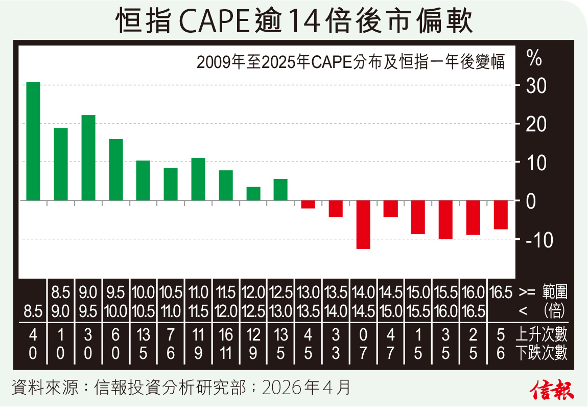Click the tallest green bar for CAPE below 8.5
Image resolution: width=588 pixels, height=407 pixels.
point(33,141)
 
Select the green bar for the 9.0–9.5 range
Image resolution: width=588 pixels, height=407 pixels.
point(88,157)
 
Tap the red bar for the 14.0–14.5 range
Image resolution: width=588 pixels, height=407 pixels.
point(363,224)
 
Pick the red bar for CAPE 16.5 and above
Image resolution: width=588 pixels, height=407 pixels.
point(501,215)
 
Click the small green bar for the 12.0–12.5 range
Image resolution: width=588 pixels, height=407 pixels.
point(253,194)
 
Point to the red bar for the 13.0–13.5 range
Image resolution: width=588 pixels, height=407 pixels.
point(308,205)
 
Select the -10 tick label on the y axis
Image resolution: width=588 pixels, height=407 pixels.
point(533,239)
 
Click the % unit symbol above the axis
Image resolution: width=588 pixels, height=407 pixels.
point(534,59)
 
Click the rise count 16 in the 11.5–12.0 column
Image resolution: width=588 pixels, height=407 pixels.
point(225,335)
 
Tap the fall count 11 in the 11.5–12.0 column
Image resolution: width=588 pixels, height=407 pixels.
point(225,353)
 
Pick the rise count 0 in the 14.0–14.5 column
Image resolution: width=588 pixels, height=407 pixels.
point(363,335)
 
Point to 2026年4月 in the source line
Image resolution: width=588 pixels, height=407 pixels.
point(306,387)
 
